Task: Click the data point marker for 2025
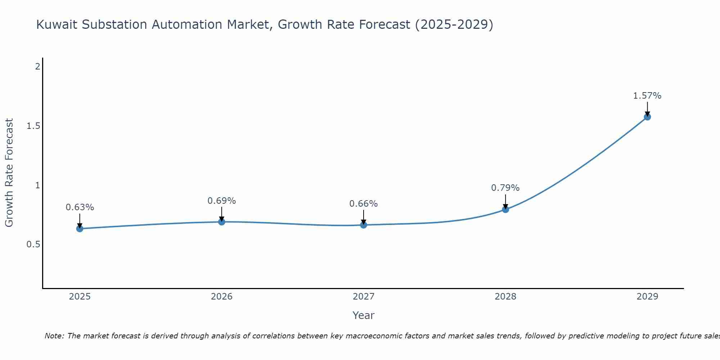pos(80,229)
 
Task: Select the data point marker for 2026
pos(222,222)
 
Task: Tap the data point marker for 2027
pos(364,225)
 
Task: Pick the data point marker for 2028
pos(505,210)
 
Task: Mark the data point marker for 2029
pos(647,117)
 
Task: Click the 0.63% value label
pos(80,207)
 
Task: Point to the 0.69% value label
pos(222,201)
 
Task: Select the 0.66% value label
pos(364,204)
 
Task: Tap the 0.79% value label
pos(505,188)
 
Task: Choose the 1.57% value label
pos(647,96)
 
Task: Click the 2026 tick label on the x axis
pos(222,297)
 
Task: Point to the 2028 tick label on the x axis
pos(505,297)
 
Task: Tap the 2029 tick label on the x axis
pos(647,297)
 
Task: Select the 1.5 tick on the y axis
pos(33,126)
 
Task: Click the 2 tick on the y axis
pos(37,67)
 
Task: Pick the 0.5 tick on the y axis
pos(33,244)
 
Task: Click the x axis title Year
pos(364,315)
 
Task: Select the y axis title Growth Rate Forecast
pos(9,173)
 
